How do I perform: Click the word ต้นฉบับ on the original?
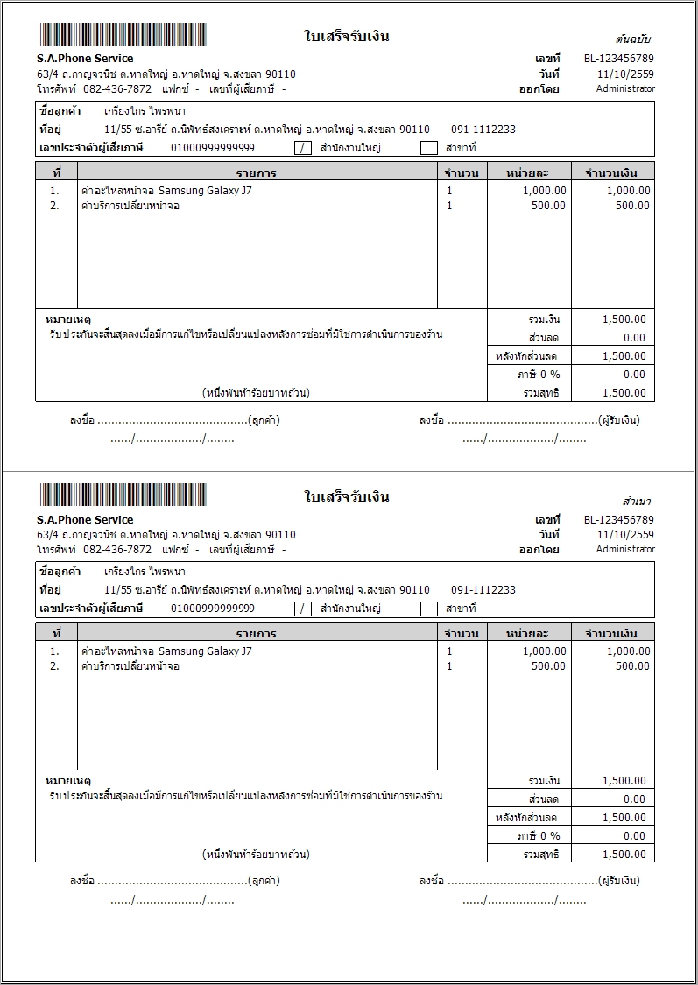[633, 39]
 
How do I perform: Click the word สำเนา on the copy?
[637, 502]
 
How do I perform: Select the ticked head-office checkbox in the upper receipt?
[303, 148]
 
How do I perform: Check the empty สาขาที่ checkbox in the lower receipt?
[428, 609]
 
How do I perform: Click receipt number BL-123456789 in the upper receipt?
[618, 59]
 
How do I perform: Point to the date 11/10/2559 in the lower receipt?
[625, 535]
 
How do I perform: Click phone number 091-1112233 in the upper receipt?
[483, 130]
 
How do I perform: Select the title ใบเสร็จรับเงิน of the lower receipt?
[347, 497]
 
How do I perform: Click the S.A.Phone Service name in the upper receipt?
[85, 59]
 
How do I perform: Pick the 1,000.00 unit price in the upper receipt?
[544, 191]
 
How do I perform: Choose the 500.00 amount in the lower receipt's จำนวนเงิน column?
[632, 666]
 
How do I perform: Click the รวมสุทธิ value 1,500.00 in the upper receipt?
[624, 393]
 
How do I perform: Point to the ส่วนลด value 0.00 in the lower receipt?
[634, 799]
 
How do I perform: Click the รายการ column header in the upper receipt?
[256, 172]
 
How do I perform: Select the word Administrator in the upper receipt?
[625, 88]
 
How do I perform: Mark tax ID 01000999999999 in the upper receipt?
[213, 148]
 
